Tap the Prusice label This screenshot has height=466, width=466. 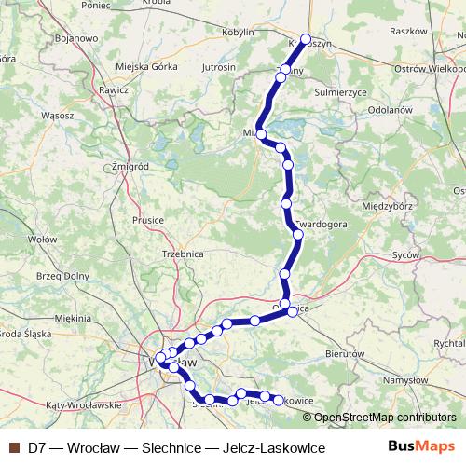(x=148, y=220)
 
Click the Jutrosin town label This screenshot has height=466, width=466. (x=218, y=68)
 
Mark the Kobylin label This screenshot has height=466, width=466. (x=239, y=33)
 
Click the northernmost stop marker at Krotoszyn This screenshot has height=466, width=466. (x=306, y=39)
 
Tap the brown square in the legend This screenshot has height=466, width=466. (x=14, y=448)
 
